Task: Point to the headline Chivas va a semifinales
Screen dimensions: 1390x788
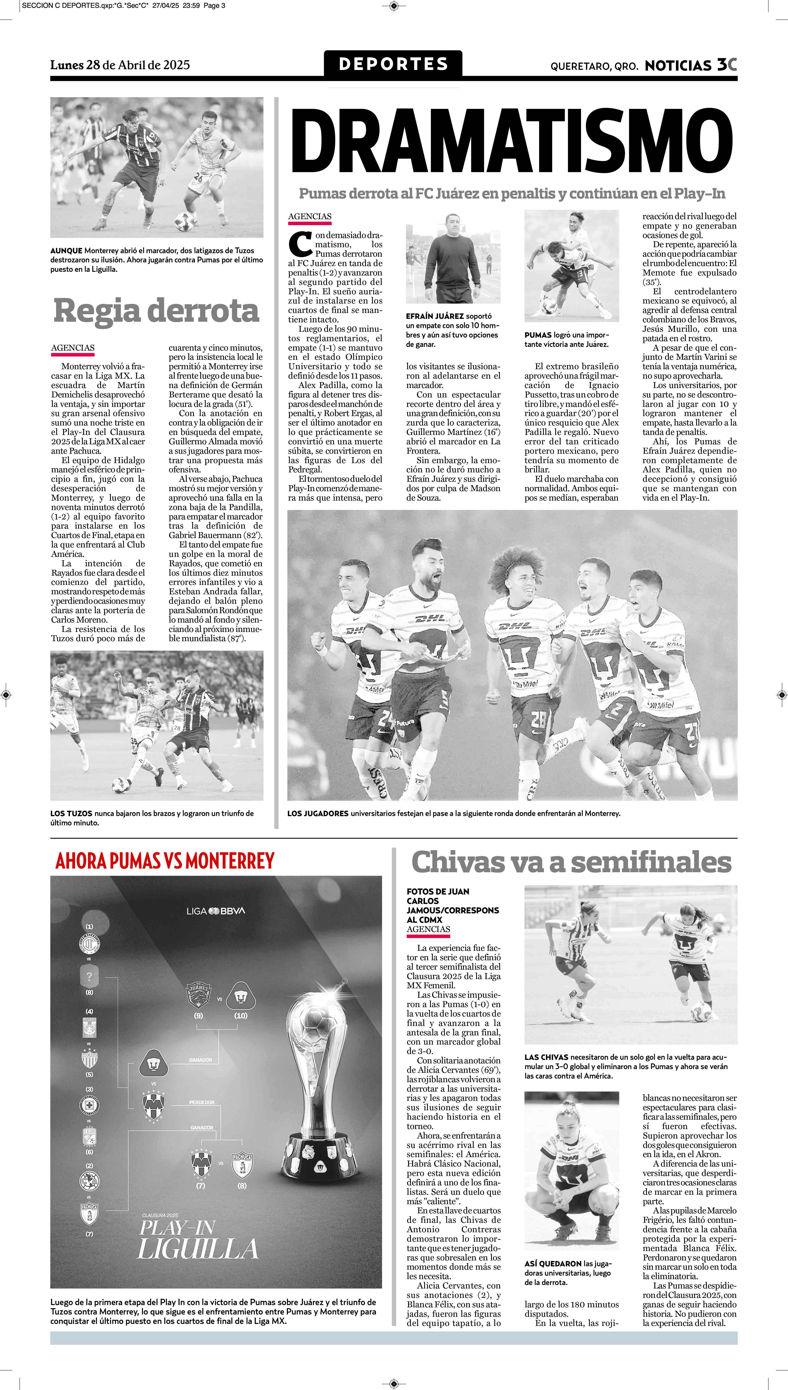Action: coord(571,862)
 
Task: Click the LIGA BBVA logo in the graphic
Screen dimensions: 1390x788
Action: coord(215,911)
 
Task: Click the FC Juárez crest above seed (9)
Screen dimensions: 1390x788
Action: coord(198,995)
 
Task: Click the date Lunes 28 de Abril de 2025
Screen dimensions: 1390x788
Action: coord(120,65)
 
